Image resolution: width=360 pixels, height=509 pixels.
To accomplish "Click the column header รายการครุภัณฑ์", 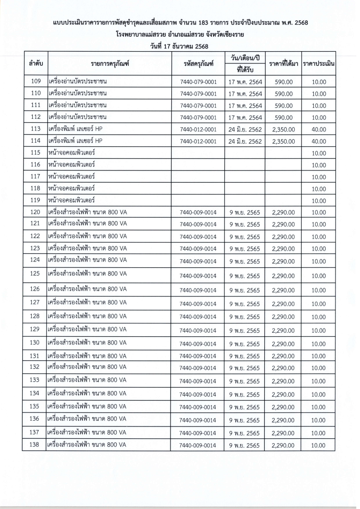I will (x=110, y=64).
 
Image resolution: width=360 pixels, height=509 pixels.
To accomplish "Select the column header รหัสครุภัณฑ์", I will (x=198, y=64).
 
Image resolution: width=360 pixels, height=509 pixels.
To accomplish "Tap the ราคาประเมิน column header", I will (x=319, y=64).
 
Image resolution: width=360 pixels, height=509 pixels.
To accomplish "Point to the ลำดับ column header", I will (x=35, y=64).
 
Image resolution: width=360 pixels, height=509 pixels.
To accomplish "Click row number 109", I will (x=35, y=82).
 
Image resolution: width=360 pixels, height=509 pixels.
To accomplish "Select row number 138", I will (x=35, y=445).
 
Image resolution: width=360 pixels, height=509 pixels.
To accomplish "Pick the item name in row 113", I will (x=75, y=129).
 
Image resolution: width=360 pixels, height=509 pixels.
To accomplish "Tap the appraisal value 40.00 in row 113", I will (x=319, y=129).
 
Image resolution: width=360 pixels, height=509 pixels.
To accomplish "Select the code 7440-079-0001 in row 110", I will (x=198, y=94).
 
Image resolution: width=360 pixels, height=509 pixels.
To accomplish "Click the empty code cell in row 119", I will (x=198, y=200).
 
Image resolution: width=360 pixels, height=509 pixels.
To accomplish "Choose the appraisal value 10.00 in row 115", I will (x=319, y=153).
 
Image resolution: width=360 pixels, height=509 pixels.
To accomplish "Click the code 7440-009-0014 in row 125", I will (x=198, y=276).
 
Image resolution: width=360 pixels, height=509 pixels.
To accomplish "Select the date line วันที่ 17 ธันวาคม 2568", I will (x=180, y=45).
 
